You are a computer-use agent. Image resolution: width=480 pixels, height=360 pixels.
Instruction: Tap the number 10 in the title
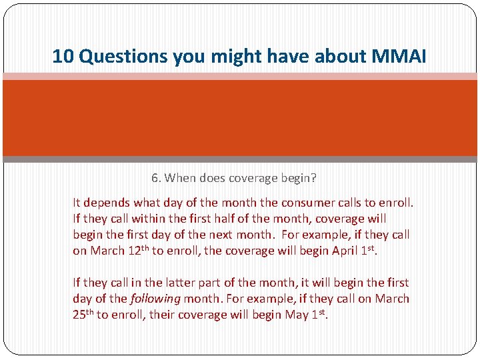click(x=62, y=56)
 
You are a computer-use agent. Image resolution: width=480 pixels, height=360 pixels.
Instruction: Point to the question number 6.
click(x=155, y=178)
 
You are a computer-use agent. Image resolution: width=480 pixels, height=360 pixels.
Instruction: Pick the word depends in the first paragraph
click(x=107, y=203)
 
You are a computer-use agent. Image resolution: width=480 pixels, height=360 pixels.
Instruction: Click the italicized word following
click(x=154, y=299)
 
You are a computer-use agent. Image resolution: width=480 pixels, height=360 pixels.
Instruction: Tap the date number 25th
click(x=83, y=314)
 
